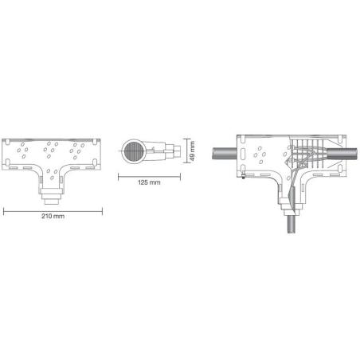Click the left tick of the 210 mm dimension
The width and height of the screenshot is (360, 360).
click(5, 209)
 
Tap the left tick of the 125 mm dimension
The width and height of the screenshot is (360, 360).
click(119, 174)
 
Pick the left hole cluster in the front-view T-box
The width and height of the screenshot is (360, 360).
click(25, 149)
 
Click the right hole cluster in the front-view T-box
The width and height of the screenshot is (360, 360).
click(79, 149)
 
